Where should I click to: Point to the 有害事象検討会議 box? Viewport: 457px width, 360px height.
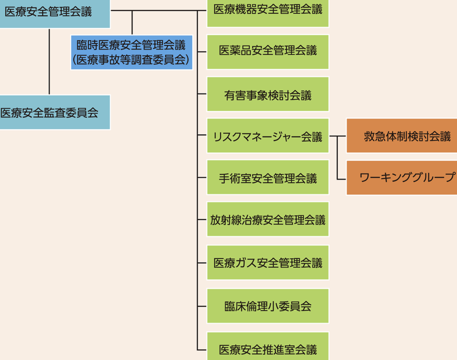[x=268, y=94]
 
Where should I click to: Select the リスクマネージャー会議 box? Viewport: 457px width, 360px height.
[x=268, y=136]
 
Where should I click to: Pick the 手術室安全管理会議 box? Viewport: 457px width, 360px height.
[x=268, y=178]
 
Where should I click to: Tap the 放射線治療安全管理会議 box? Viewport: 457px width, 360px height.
[x=268, y=219]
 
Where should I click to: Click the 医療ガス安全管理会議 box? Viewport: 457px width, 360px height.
[x=268, y=262]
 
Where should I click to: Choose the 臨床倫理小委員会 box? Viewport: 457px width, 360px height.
[x=268, y=306]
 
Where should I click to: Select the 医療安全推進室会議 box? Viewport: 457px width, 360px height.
[x=268, y=348]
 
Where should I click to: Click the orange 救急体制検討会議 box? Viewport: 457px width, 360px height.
[x=402, y=136]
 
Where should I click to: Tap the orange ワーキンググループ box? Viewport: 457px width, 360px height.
[x=402, y=178]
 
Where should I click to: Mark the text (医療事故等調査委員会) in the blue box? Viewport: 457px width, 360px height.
[x=131, y=60]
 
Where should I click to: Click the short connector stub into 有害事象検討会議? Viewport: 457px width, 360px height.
[x=202, y=94]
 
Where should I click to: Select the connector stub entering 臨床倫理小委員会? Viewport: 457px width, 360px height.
[x=202, y=306]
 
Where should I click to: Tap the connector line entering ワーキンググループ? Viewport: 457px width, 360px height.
[x=341, y=178]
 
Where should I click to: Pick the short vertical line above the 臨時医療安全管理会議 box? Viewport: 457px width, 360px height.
[x=132, y=23]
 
